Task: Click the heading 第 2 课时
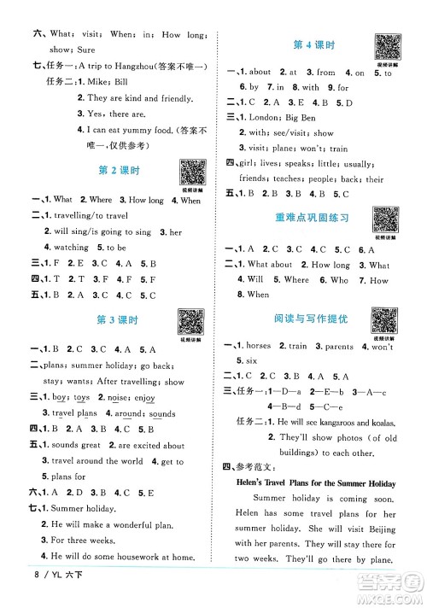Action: (114, 172)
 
